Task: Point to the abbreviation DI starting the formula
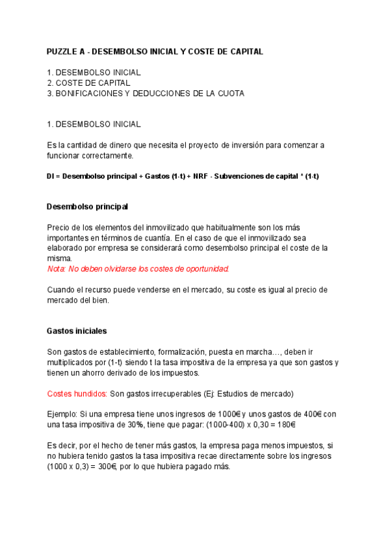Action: [51, 177]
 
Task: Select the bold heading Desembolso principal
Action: [88, 207]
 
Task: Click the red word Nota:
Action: [57, 269]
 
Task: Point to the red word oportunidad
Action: [207, 269]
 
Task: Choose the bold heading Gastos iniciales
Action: [77, 331]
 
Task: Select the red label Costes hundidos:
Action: [77, 394]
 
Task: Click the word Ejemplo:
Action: [62, 415]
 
